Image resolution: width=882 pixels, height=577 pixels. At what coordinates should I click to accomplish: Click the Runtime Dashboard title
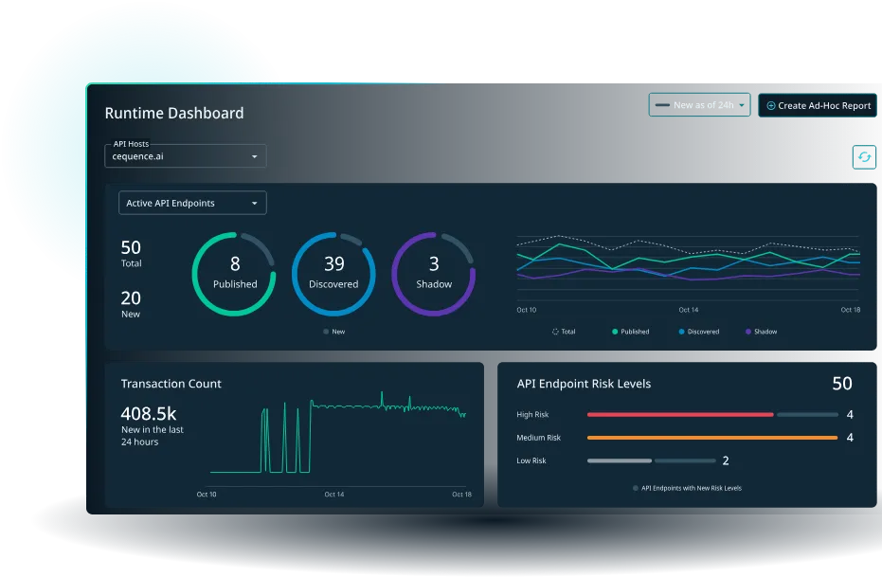[x=173, y=114]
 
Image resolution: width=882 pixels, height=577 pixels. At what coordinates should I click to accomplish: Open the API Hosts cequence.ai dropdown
[x=186, y=156]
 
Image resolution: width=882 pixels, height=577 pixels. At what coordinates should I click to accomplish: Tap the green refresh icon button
[x=864, y=157]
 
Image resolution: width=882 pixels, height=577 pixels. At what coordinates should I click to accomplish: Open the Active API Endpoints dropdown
[x=192, y=203]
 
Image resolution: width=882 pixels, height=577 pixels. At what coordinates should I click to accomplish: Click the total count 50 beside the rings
[x=131, y=247]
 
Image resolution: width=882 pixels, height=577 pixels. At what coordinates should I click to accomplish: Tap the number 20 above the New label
[x=131, y=298]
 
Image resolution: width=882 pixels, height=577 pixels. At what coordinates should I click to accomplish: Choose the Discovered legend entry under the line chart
[x=698, y=332]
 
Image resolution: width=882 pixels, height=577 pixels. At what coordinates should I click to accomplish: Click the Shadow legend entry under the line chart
[x=762, y=332]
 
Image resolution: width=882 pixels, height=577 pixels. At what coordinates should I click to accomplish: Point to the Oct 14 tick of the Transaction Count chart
[x=334, y=495]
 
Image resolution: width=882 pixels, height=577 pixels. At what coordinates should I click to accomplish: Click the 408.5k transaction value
[x=149, y=414]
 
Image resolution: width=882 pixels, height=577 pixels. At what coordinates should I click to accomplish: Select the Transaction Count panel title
[x=171, y=384]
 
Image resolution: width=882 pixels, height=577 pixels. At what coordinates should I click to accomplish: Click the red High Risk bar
[x=680, y=415]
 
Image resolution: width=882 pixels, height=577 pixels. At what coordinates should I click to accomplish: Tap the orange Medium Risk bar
[x=712, y=438]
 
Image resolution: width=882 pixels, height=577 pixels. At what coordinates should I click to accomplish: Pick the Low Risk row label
[x=531, y=460]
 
